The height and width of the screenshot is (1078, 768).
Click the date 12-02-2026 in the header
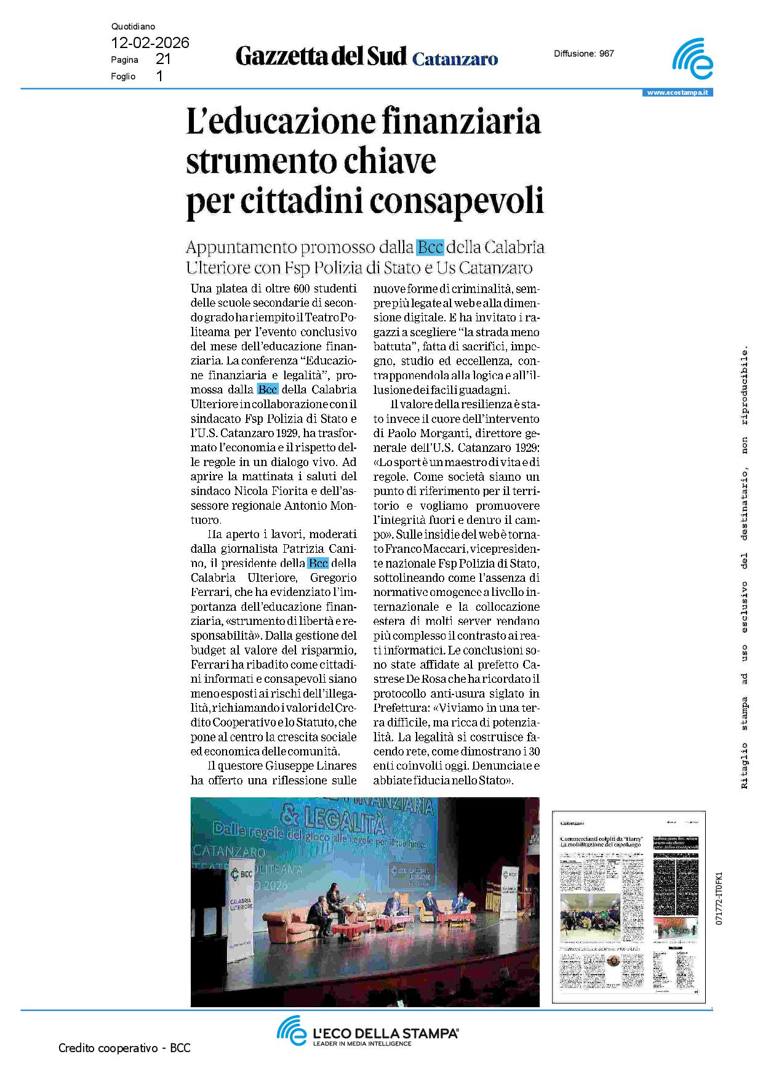pos(150,43)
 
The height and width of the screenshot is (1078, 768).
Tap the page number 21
pos(163,60)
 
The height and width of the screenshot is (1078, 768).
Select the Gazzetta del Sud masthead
pos(321,57)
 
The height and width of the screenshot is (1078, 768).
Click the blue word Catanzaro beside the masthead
pos(455,59)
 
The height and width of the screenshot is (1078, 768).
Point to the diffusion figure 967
pos(607,54)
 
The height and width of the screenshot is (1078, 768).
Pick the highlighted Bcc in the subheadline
pos(430,247)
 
